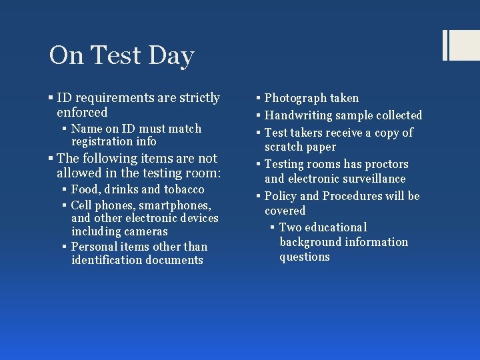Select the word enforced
82,113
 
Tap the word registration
102,141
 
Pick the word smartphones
174,205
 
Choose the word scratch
283,147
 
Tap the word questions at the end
305,257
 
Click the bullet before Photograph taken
259,99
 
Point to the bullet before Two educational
273,228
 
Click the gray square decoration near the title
460,45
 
